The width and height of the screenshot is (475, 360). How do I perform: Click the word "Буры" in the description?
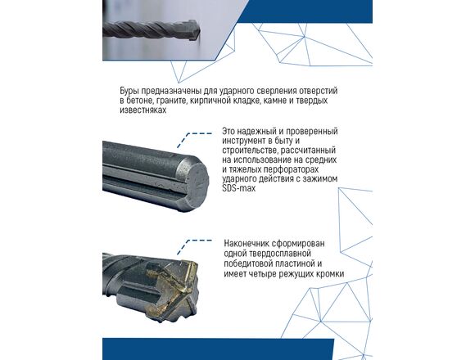click(129, 91)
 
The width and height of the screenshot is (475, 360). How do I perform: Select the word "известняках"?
click(143, 110)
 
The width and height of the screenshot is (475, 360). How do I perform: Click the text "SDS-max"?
click(239, 188)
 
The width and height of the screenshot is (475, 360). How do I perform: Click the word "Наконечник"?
click(246, 244)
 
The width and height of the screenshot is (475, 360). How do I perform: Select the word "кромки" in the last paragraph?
click(330, 274)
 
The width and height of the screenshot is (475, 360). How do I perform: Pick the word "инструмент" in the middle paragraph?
click(243, 141)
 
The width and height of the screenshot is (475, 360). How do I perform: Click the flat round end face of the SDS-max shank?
click(197, 184)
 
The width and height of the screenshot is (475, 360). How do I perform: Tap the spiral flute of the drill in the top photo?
click(146, 29)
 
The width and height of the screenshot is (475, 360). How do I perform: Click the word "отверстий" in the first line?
click(318, 91)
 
